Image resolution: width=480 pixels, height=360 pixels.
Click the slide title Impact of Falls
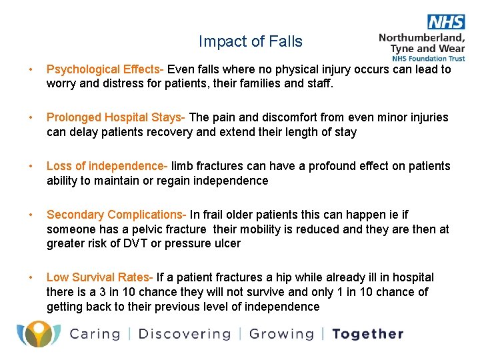(x=250, y=41)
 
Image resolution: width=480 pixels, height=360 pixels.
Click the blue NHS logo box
(x=446, y=22)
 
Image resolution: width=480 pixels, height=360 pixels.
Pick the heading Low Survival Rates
(x=99, y=277)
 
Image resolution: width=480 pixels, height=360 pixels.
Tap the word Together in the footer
(x=367, y=334)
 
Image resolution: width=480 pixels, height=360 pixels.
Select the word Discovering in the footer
(x=184, y=334)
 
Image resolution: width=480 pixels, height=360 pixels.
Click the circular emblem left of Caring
(x=38, y=333)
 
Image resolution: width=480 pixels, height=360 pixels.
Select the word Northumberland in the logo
(x=421, y=37)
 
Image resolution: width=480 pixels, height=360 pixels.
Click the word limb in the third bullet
(x=183, y=166)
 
